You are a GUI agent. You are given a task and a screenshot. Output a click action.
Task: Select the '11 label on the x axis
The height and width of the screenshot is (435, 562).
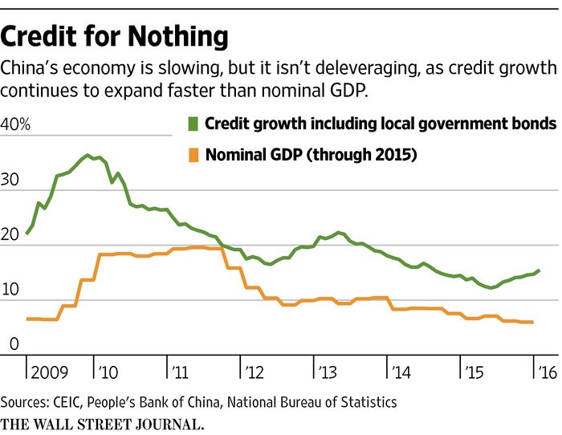pos(180,373)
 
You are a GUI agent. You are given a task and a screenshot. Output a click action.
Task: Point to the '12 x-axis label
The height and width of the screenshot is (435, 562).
pos(254,373)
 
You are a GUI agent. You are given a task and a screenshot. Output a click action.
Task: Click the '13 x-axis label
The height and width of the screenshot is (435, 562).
pos(327,373)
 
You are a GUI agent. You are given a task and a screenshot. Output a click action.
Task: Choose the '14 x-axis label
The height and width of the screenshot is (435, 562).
pos(400,373)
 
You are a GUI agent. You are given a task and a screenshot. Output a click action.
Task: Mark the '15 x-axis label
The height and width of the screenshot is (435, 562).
pos(473,373)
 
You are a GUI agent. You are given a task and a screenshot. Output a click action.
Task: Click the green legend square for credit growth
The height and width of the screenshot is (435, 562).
pos(192,124)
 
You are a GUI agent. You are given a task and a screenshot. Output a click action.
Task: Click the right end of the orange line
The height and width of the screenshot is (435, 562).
pos(533,322)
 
